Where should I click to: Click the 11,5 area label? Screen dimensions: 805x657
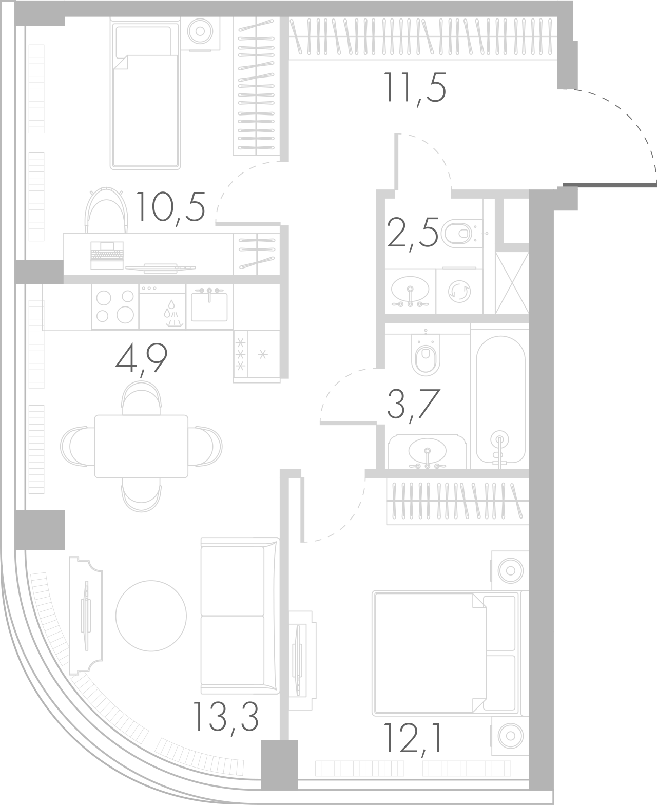coord(415,88)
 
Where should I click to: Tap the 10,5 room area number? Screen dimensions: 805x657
coord(171,206)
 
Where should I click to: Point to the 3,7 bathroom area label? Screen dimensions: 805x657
coord(413,405)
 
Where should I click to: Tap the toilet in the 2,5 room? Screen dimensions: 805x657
coord(457,234)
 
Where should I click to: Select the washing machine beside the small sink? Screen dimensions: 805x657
coord(458,291)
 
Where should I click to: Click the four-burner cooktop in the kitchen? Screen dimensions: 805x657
coord(115,306)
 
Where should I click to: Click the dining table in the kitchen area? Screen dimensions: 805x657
coord(141,446)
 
